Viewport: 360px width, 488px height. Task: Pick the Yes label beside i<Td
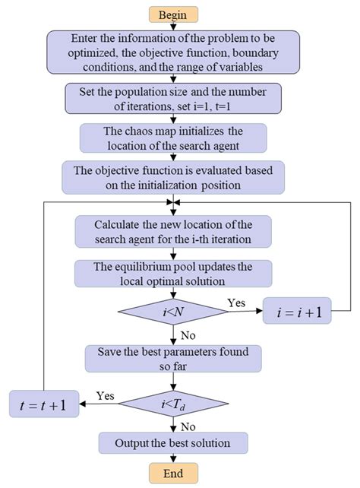(x=106, y=395)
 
